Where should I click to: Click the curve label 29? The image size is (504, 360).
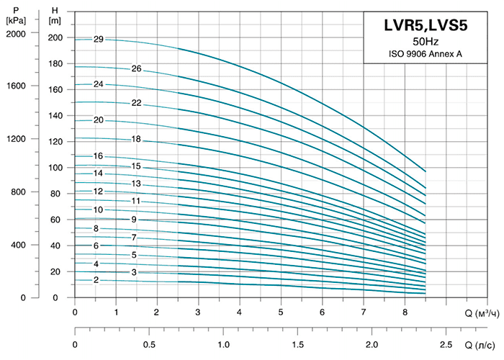click(99, 39)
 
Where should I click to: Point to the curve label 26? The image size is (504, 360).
click(136, 69)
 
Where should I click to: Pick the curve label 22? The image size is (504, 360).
click(136, 103)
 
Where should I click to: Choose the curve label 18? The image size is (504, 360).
click(136, 139)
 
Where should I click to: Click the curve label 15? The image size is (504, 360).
click(136, 167)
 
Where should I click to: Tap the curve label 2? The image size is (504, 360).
click(96, 280)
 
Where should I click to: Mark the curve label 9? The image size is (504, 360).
click(133, 219)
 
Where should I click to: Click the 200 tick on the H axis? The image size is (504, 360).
click(55, 37)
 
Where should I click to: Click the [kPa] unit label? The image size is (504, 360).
click(14, 19)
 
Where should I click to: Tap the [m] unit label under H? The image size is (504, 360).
click(55, 19)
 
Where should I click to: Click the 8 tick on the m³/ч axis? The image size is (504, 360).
click(405, 313)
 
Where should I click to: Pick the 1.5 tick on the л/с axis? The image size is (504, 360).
click(297, 344)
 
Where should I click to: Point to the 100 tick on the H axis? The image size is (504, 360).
click(55, 168)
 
